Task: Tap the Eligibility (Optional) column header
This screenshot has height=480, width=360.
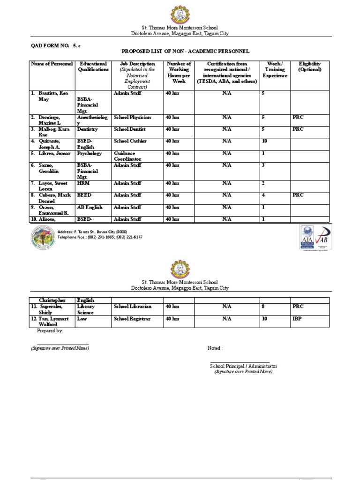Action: [x=310, y=67]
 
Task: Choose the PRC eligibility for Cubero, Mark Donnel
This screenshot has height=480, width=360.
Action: [x=298, y=195]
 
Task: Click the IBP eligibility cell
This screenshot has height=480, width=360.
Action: [x=297, y=319]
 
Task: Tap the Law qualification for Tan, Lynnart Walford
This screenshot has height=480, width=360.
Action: [x=82, y=319]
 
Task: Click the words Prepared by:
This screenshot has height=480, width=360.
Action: [x=50, y=330]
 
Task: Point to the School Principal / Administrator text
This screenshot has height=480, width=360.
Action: [x=243, y=366]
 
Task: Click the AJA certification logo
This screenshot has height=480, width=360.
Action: [x=307, y=238]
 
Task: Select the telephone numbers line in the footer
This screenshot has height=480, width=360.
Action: [x=100, y=237]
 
